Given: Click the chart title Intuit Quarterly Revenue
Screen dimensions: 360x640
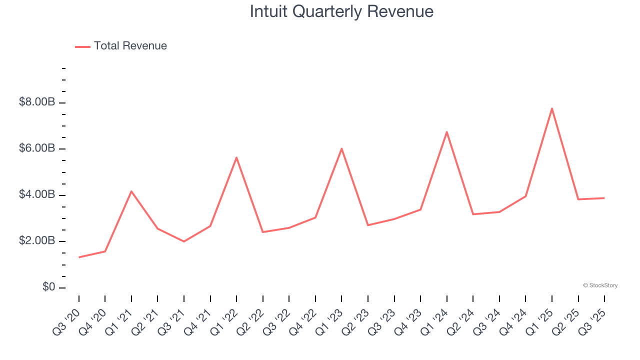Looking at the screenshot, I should click(x=341, y=11).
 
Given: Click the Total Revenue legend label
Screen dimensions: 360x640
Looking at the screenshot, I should click(x=130, y=46).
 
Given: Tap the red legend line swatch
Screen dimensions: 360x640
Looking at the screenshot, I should click(x=82, y=46).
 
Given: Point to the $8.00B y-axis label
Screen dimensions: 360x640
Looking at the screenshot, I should click(x=37, y=102).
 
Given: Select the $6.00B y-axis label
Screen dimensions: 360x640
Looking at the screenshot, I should click(x=37, y=148).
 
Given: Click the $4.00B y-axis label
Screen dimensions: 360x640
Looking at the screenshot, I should click(x=37, y=194).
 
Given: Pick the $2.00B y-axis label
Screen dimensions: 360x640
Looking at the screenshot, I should click(x=37, y=241).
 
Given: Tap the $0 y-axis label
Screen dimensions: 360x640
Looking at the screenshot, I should click(x=49, y=287).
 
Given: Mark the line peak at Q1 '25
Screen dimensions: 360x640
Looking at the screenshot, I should click(x=552, y=108).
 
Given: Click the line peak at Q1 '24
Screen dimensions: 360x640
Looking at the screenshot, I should click(x=446, y=132).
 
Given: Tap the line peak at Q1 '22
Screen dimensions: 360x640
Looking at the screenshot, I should click(x=236, y=157).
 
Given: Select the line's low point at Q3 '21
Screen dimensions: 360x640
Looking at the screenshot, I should click(x=184, y=241).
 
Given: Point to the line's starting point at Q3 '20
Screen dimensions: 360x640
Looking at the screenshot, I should click(x=79, y=257).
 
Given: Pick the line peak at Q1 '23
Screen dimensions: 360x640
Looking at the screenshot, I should click(x=341, y=148).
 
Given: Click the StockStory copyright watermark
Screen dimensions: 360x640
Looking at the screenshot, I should click(x=600, y=285).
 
